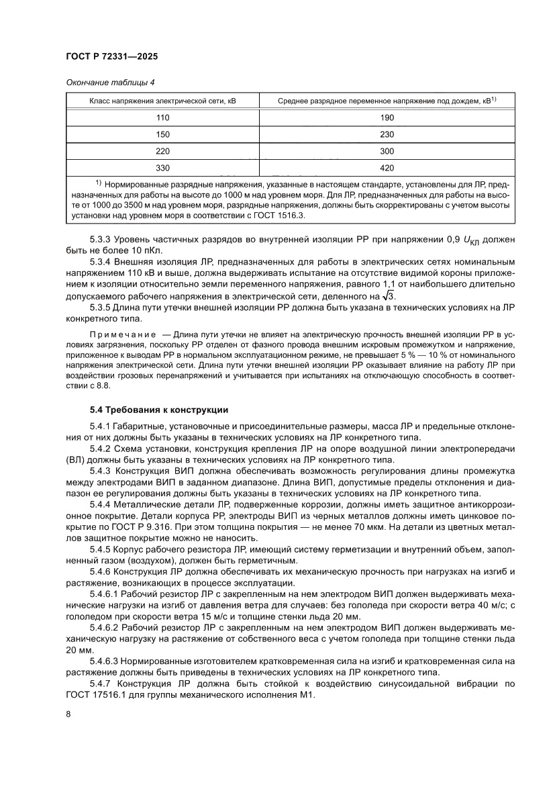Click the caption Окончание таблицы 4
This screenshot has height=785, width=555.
(x=110, y=83)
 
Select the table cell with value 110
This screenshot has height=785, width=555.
(x=163, y=117)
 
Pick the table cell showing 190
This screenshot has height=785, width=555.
(x=387, y=117)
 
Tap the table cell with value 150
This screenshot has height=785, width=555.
(x=163, y=134)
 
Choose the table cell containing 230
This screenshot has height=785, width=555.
(x=387, y=134)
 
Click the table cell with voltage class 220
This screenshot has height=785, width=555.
(x=163, y=150)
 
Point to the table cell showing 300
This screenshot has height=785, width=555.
(x=387, y=150)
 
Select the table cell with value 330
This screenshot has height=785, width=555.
(x=163, y=168)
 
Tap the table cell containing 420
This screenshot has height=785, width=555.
(x=387, y=168)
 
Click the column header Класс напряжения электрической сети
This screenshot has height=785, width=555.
(x=163, y=101)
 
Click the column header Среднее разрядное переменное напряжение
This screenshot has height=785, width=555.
(x=387, y=101)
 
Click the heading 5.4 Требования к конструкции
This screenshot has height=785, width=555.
(x=159, y=409)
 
